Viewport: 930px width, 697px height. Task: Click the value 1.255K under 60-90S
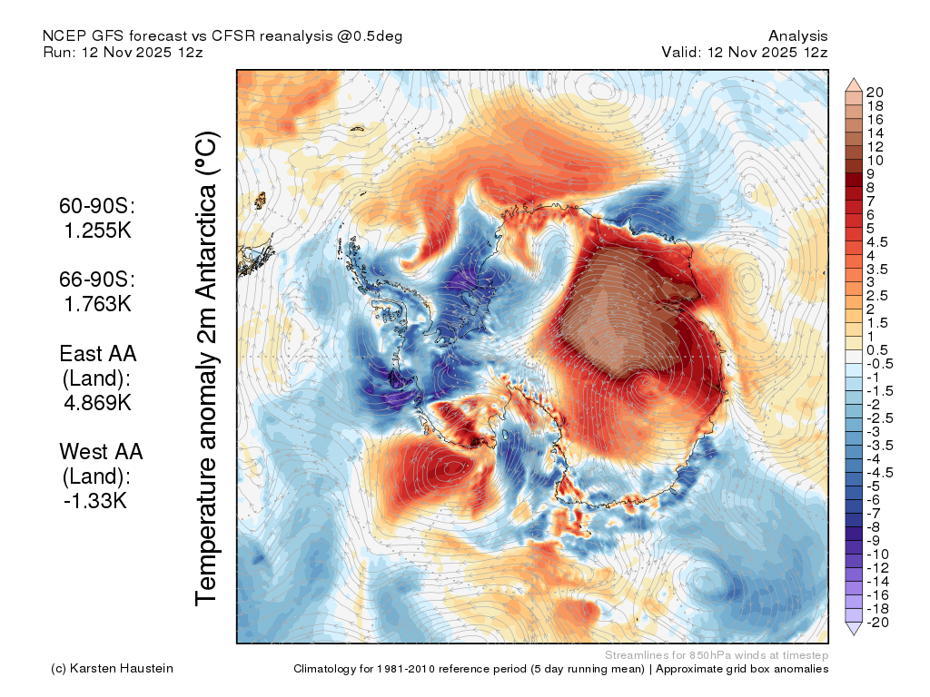(98, 231)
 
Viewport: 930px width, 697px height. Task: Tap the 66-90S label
(97, 279)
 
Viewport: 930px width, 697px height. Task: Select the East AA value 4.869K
(98, 403)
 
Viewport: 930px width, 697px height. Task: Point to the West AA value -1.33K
(95, 501)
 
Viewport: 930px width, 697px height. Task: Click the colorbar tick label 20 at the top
(875, 93)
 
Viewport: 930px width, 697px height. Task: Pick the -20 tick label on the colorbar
(877, 623)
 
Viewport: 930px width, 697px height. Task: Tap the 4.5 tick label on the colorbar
(877, 242)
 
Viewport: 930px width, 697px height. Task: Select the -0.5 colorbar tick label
(879, 364)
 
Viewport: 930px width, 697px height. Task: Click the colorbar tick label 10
(875, 161)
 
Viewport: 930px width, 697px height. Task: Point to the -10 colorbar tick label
(877, 555)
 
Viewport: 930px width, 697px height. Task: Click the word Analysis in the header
(797, 36)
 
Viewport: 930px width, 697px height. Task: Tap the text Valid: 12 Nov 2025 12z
(745, 52)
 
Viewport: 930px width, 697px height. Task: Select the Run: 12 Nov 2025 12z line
(123, 52)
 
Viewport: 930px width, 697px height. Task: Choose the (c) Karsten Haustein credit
(112, 669)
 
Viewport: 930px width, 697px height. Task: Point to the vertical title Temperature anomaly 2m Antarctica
(207, 368)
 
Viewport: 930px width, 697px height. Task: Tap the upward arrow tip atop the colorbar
(854, 78)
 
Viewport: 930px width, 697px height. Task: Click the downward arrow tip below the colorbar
(854, 634)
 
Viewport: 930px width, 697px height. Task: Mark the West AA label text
(101, 452)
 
